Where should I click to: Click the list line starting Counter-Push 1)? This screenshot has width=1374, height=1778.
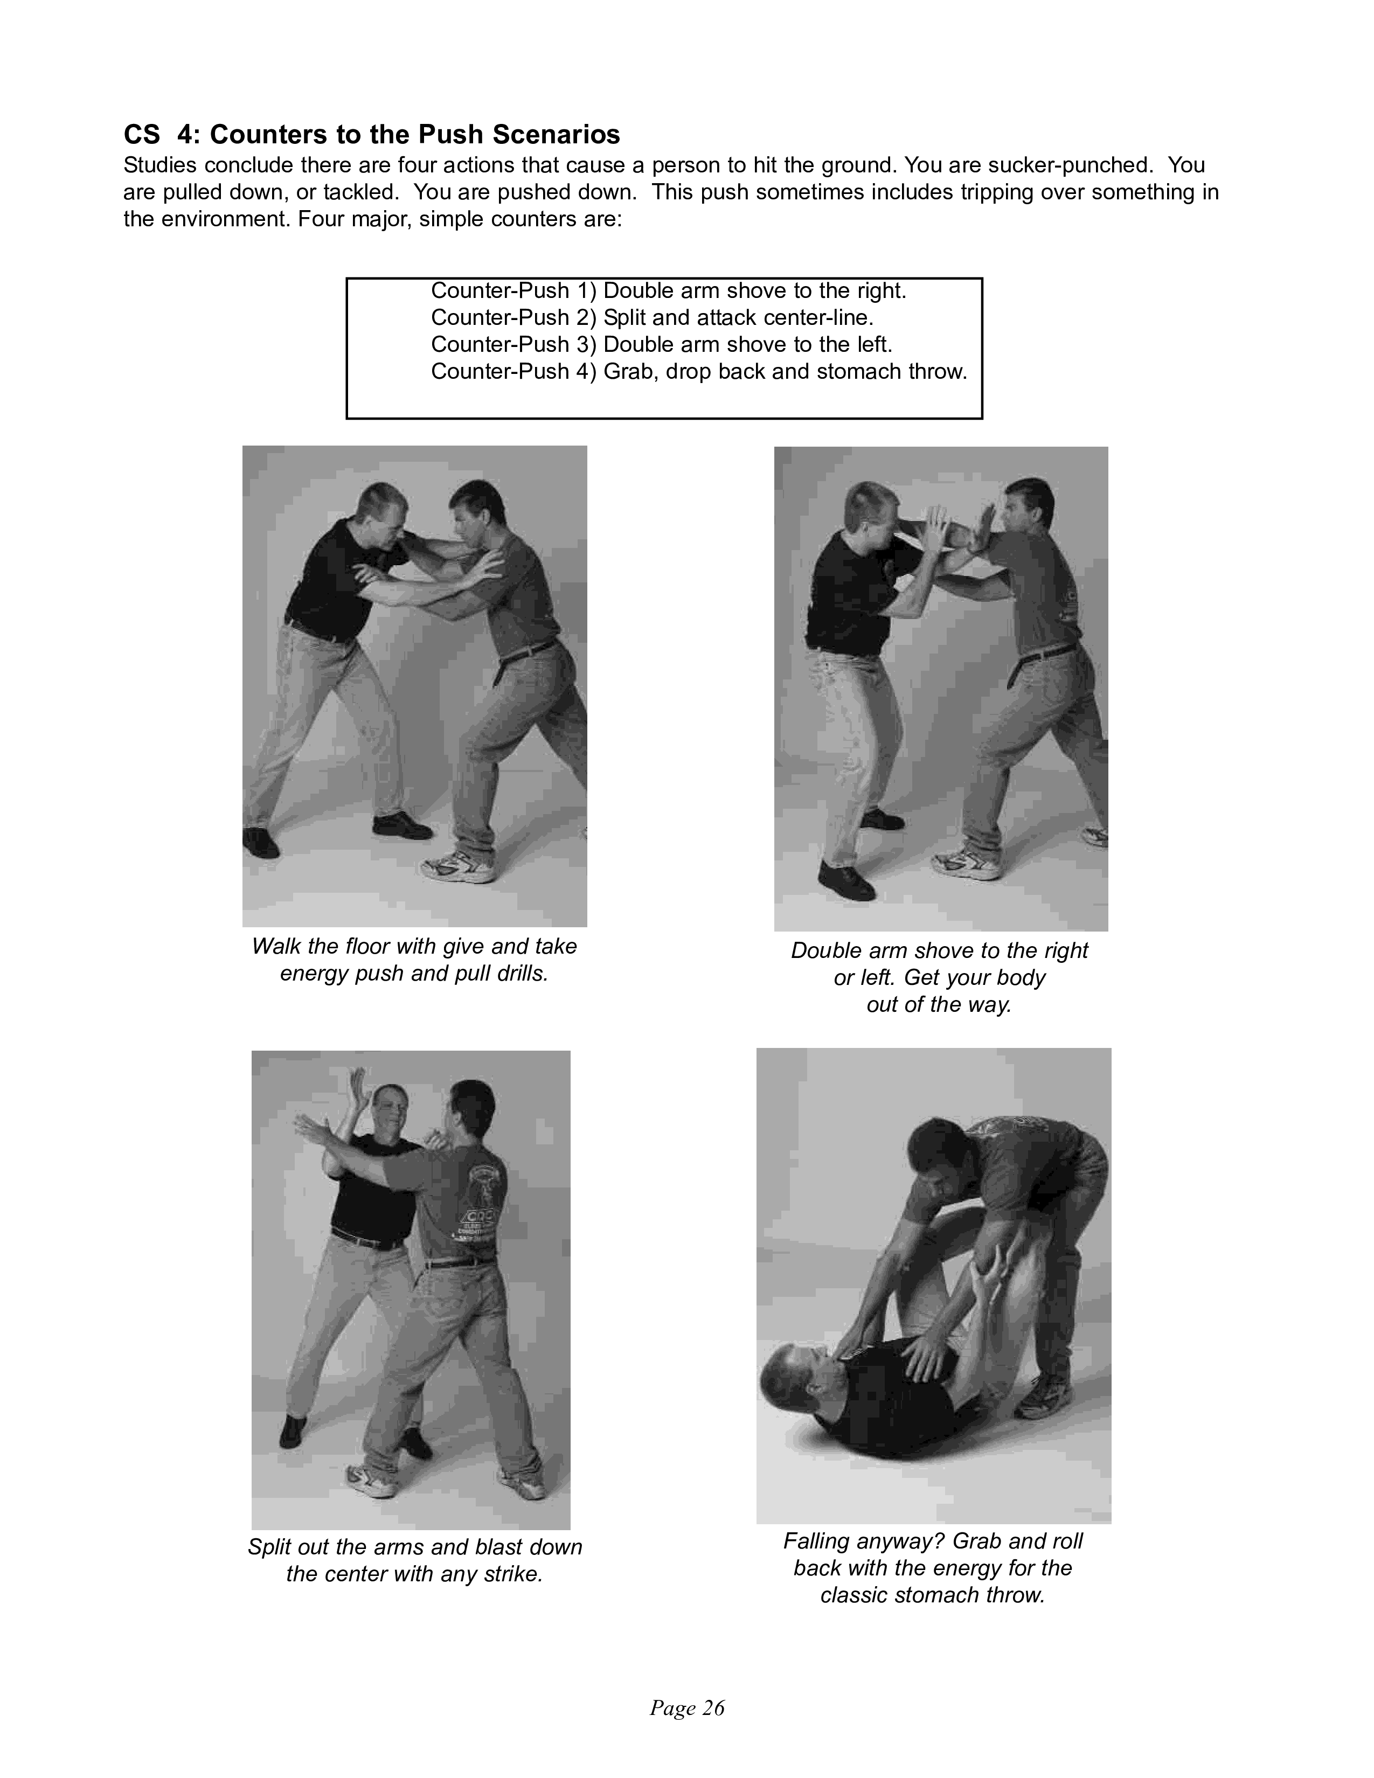[x=668, y=290]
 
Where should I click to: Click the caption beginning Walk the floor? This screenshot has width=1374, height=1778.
[x=414, y=960]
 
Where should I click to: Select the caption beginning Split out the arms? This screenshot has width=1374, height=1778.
[x=415, y=1561]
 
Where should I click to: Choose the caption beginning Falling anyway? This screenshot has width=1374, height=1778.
[x=933, y=1568]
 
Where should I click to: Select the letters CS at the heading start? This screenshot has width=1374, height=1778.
[x=142, y=134]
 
